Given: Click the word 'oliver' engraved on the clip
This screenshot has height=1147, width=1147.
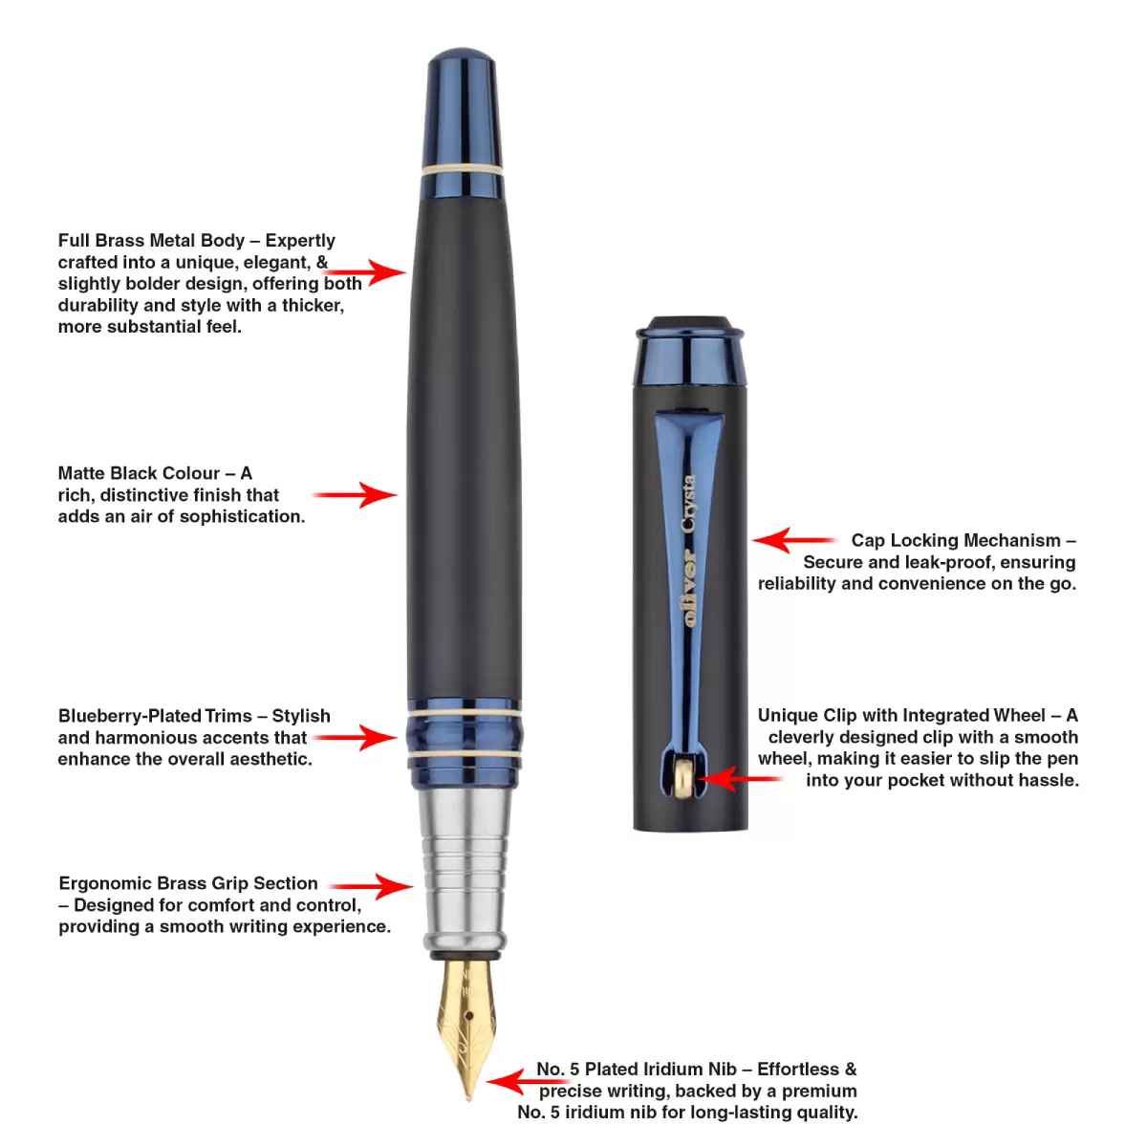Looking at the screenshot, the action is [x=689, y=588].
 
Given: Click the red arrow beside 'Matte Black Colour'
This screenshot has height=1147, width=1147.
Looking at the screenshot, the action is [x=355, y=494].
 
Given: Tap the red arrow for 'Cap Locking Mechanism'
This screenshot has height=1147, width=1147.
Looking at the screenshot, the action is [x=794, y=540].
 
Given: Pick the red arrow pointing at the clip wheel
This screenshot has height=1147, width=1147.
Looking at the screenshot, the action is [x=739, y=779].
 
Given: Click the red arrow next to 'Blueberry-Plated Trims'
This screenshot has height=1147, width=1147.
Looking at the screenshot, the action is [x=355, y=738].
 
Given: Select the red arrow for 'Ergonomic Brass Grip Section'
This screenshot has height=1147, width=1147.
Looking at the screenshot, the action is [x=372, y=886].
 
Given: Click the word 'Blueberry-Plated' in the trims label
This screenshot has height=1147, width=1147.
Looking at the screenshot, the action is [x=130, y=716].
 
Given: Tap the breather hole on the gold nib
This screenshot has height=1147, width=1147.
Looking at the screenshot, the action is [x=469, y=1015].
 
